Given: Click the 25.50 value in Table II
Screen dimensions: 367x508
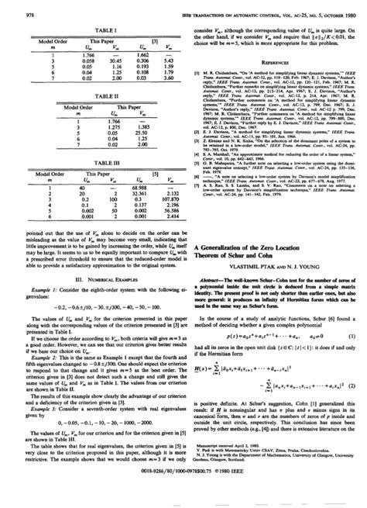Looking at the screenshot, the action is click(x=141, y=133).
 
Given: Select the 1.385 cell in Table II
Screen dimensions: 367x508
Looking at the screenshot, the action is click(x=141, y=127).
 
